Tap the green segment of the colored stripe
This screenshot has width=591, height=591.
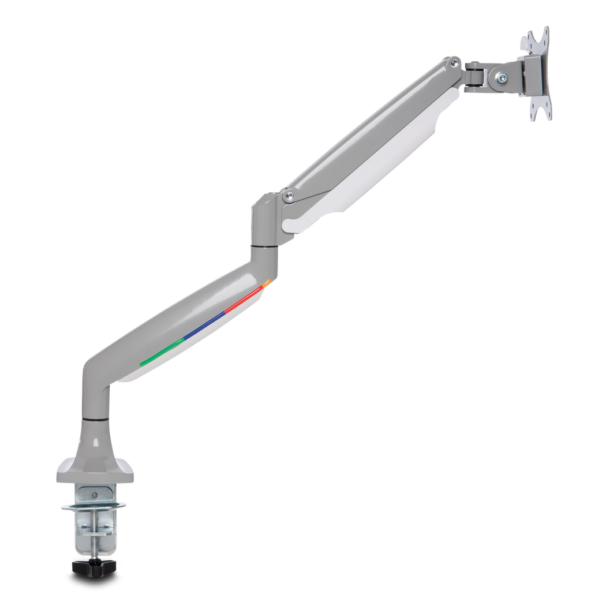pos(162,352)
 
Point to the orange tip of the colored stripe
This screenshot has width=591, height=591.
pos(267,283)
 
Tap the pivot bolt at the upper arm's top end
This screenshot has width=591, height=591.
pos(454,62)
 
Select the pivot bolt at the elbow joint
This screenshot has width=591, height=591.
pos(289,197)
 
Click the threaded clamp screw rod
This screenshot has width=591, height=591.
pos(94,543)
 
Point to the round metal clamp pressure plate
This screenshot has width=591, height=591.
pos(93,507)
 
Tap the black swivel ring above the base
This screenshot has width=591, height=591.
pos(95,417)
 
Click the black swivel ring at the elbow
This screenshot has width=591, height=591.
pos(264,246)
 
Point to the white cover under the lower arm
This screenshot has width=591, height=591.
pos(190,352)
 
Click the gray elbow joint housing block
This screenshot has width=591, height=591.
pos(264,219)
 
